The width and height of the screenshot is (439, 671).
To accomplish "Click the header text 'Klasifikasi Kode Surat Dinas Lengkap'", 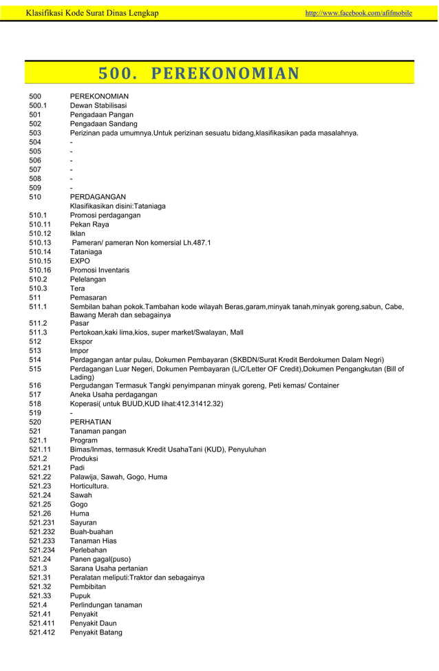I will pos(92,13).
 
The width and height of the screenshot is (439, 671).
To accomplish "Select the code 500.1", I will pos(38,105).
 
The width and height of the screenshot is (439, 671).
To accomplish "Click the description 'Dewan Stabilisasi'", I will pos(98,105).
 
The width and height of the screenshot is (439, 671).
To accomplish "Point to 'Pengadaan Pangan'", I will pos(102,114).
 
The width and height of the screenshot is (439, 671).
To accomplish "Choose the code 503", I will pos(35,133).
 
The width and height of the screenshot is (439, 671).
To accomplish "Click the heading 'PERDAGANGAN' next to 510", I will pos(98,197).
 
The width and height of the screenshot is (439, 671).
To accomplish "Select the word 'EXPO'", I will pos(80,261).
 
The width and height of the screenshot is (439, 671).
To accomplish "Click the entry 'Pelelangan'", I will pos(89,279).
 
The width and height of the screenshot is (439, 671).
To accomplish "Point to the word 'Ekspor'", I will pos(82,341).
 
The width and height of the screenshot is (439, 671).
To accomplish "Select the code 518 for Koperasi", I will pos(35,403).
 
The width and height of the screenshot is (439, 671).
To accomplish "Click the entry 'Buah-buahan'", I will pos(92,532).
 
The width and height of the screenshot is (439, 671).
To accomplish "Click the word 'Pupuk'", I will pos(81,596).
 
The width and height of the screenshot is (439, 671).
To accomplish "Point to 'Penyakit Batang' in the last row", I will pos(96,632).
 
